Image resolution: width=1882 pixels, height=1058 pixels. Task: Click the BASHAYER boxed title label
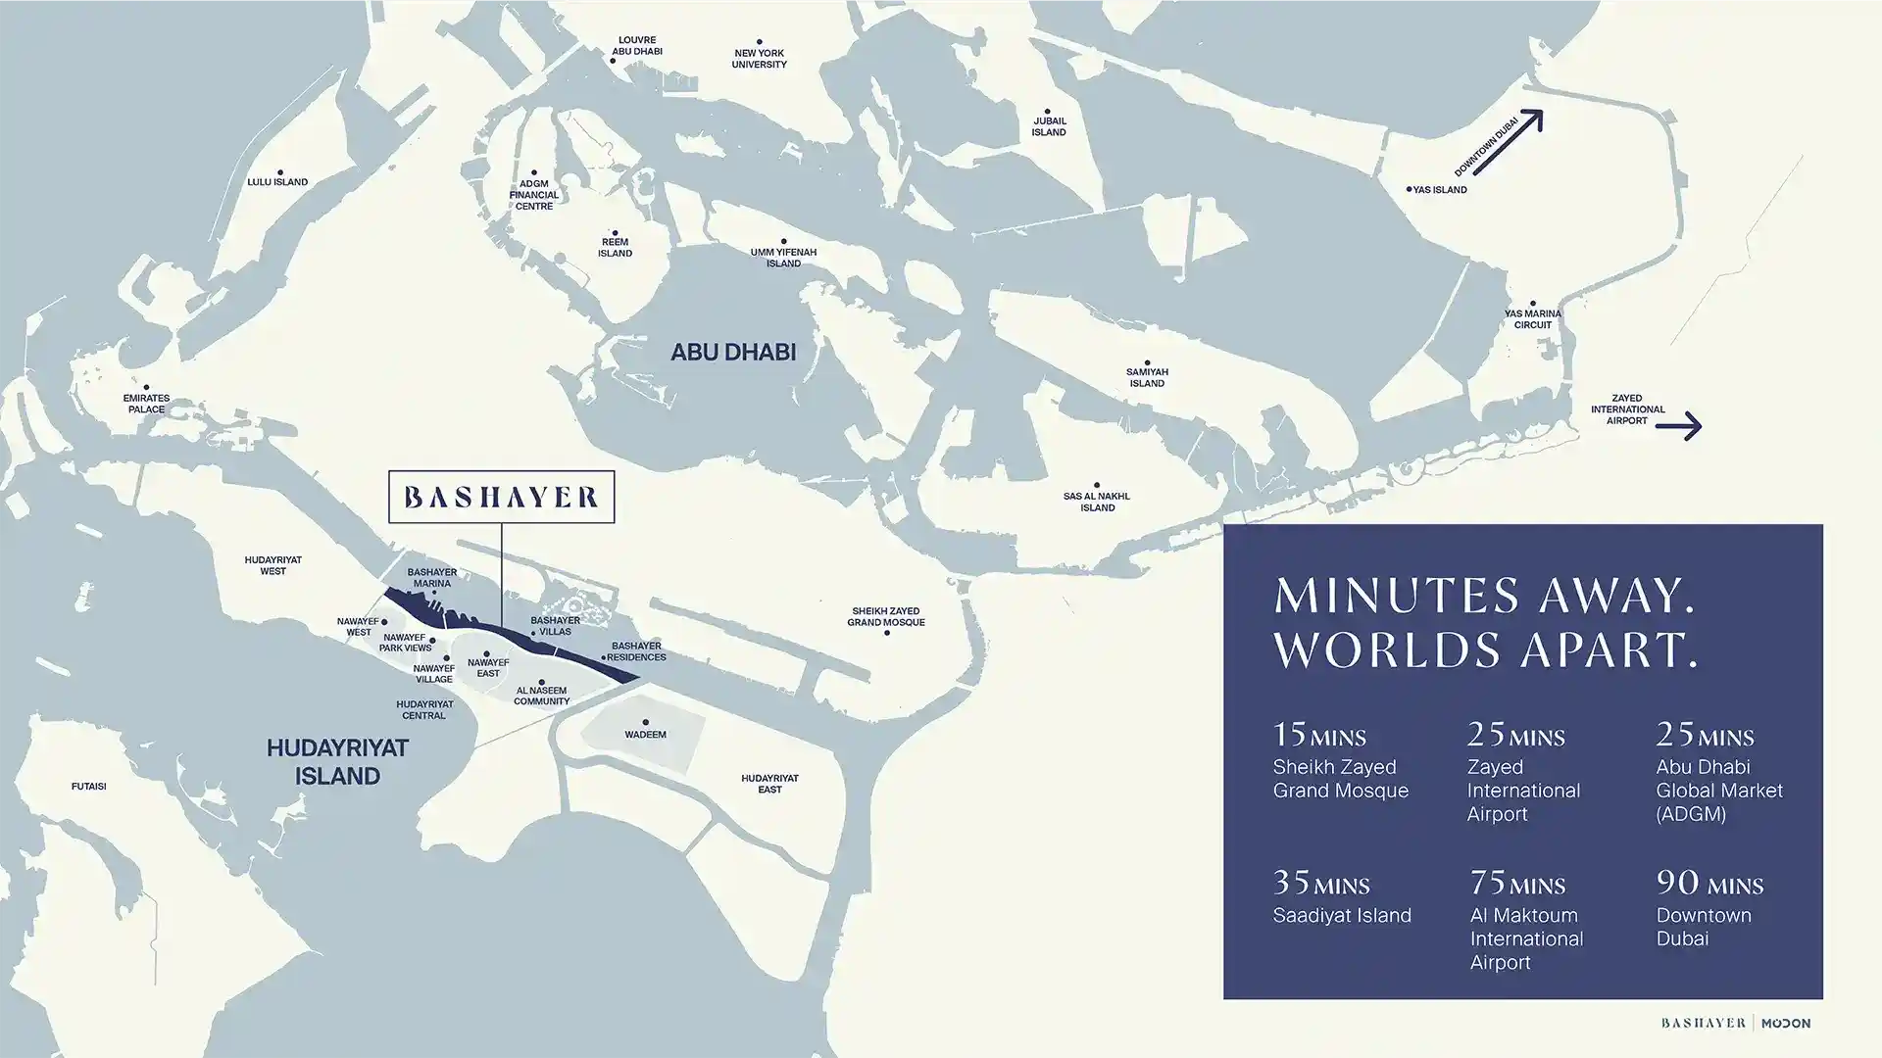click(x=501, y=497)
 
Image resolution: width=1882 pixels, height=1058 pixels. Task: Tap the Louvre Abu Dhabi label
click(x=637, y=46)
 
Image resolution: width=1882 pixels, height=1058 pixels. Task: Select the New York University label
click(x=759, y=59)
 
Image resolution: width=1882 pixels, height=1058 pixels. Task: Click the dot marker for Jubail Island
click(x=1047, y=112)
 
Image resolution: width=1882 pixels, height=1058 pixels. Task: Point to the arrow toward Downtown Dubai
click(x=1508, y=143)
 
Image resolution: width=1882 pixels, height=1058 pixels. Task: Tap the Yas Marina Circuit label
click(x=1532, y=319)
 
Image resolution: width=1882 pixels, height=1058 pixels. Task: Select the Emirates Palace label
click(x=146, y=404)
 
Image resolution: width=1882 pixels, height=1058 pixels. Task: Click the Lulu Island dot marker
click(x=280, y=172)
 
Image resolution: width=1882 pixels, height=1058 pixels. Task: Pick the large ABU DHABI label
click(x=732, y=352)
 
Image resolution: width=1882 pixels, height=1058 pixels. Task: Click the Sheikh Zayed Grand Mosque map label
click(x=885, y=616)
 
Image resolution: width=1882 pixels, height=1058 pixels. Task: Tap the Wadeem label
click(x=645, y=734)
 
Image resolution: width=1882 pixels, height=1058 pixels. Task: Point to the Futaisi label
click(x=88, y=787)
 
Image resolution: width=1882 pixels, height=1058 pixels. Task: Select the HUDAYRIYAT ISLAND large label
click(x=337, y=761)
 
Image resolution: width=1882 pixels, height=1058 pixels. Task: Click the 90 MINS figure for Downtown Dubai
click(x=1709, y=884)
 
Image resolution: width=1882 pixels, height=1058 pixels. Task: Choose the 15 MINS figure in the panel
click(x=1318, y=735)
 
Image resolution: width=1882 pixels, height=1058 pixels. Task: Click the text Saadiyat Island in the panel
click(x=1341, y=915)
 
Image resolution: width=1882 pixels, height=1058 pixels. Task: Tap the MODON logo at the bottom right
click(x=1785, y=1023)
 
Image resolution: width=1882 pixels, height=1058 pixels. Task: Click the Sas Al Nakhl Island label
click(x=1097, y=502)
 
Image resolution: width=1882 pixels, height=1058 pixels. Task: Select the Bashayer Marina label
click(x=431, y=578)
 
